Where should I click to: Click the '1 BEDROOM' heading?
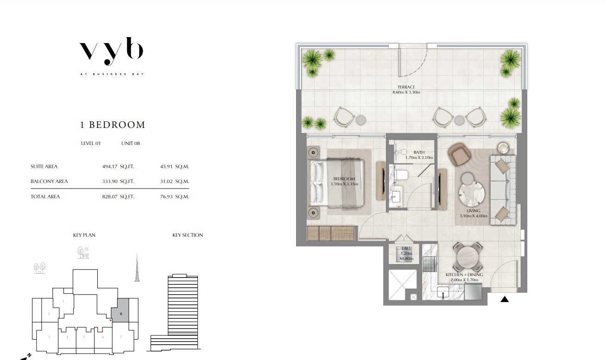(x=113, y=125)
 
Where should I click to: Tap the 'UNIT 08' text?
(x=131, y=143)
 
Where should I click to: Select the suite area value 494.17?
(x=109, y=167)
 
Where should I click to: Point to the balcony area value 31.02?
(x=166, y=181)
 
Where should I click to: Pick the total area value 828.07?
(x=109, y=196)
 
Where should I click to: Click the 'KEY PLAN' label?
(x=84, y=235)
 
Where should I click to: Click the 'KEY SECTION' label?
(x=188, y=235)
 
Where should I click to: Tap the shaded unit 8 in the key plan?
(x=120, y=310)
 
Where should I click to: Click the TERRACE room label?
(x=406, y=87)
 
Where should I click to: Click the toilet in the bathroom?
(x=400, y=175)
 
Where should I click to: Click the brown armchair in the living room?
(x=459, y=154)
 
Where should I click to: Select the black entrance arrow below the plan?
(x=505, y=299)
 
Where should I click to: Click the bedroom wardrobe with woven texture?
(x=331, y=234)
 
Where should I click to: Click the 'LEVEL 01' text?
(x=91, y=143)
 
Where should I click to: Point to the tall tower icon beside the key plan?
(x=137, y=267)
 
